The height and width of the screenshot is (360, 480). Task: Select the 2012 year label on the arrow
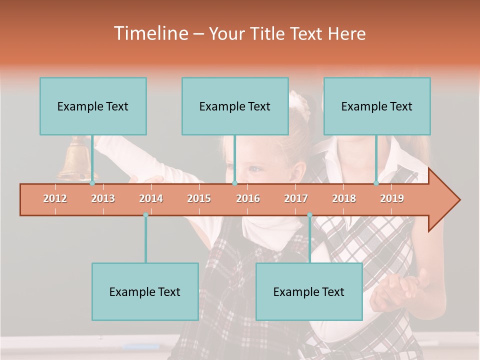[55, 198]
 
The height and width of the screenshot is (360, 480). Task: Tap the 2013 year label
[103, 198]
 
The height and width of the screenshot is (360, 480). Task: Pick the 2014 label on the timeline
[151, 198]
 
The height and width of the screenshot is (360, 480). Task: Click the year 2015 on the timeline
[199, 198]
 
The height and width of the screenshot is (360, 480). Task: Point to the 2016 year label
[248, 198]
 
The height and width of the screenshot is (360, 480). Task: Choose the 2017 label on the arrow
[296, 198]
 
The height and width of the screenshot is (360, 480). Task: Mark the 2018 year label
[344, 198]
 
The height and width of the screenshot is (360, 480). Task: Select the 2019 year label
[392, 198]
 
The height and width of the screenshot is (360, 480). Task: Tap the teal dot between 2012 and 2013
[92, 183]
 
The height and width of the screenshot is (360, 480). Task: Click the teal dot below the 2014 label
[145, 215]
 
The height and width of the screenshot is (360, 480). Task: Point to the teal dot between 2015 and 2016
[234, 183]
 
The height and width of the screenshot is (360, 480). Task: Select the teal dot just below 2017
[309, 215]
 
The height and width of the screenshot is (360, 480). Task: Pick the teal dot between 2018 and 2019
[376, 183]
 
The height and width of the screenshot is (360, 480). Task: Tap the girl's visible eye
[255, 169]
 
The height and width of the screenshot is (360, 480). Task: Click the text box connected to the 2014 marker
[145, 291]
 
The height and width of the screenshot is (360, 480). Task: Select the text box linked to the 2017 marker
[309, 291]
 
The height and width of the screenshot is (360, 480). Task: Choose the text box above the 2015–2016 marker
[235, 106]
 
